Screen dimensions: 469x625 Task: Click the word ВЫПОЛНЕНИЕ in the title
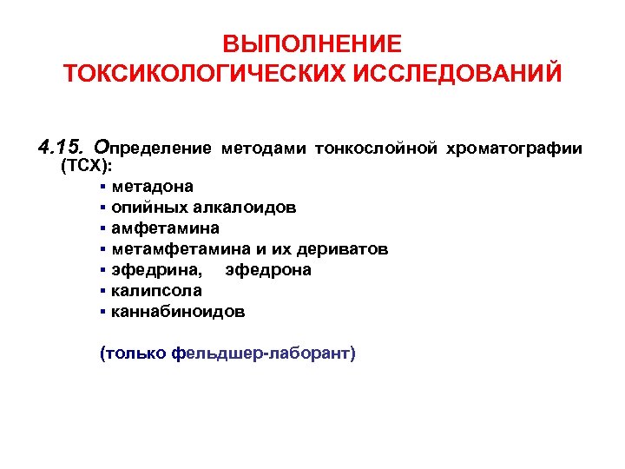(x=312, y=44)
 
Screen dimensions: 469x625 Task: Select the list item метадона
(x=153, y=187)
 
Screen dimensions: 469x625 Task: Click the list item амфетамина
(x=165, y=228)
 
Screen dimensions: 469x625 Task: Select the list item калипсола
(x=156, y=291)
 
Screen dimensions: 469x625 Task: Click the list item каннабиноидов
(x=178, y=312)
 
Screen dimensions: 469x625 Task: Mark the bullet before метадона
(x=103, y=187)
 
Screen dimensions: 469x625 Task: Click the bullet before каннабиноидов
(x=103, y=312)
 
